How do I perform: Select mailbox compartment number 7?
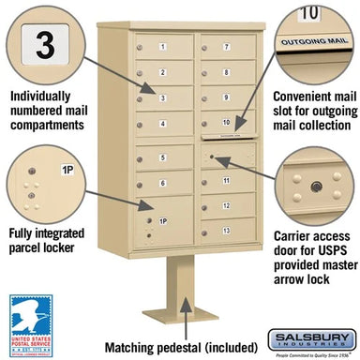point(226,47)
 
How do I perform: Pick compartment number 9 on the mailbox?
point(226,97)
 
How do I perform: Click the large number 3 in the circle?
point(42,44)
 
